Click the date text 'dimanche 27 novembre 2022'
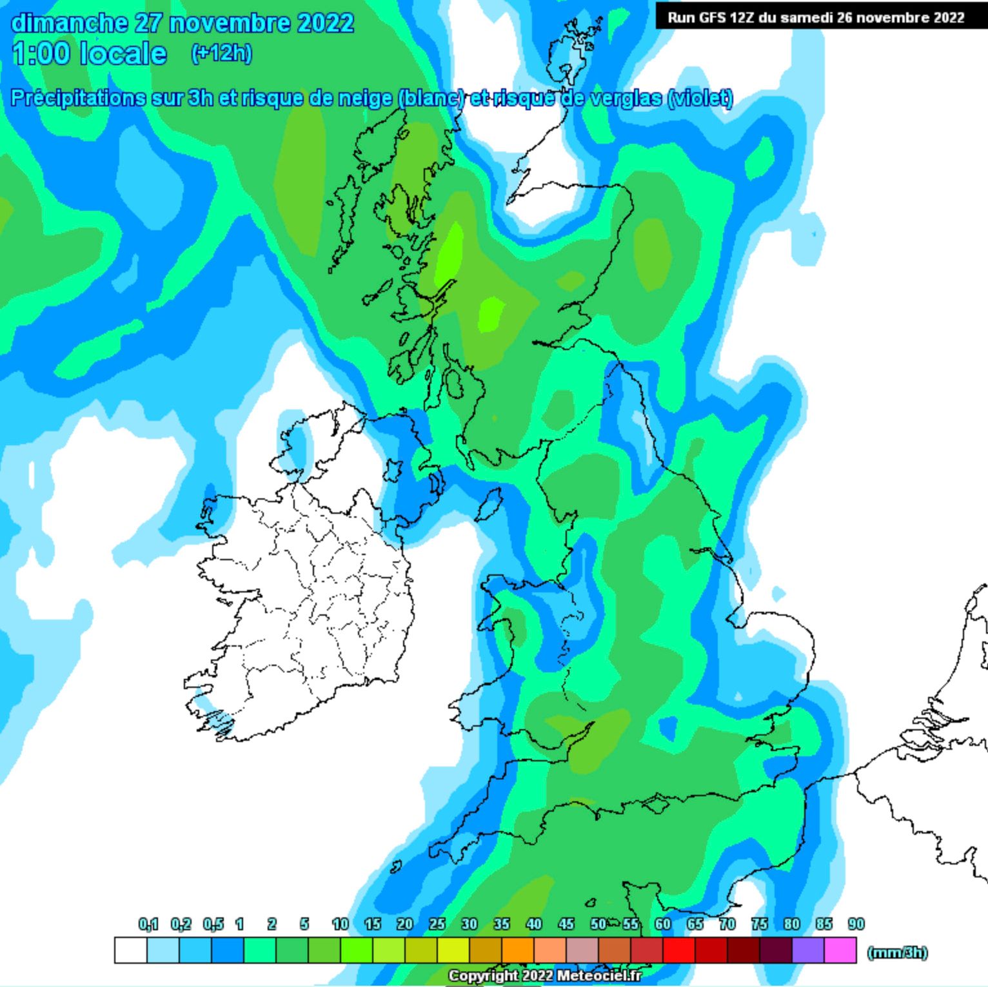point(183,23)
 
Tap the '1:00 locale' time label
point(90,54)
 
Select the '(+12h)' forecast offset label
point(221,52)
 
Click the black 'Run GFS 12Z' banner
point(816,17)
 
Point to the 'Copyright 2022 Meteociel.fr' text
point(545,975)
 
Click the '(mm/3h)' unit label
point(897,952)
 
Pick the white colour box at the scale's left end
point(131,950)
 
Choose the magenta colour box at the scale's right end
point(840,950)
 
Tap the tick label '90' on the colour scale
point(856,924)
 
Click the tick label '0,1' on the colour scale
point(148,924)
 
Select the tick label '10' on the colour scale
point(340,924)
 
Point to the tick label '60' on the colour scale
point(662,924)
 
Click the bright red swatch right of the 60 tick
point(679,950)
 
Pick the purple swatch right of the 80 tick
point(808,950)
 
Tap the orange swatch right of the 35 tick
point(518,950)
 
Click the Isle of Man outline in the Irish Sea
point(489,504)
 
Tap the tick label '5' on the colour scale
point(304,924)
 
